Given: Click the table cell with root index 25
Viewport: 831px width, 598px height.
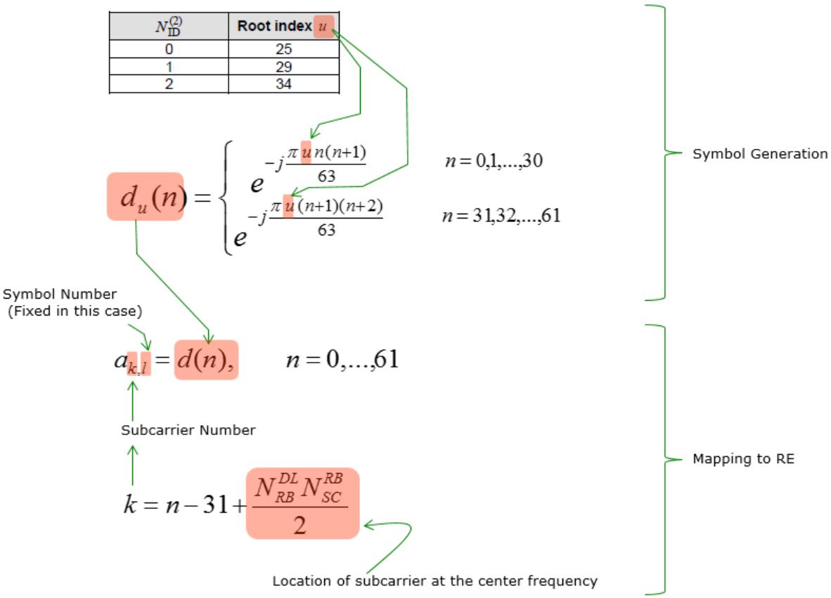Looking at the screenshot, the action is [x=283, y=48].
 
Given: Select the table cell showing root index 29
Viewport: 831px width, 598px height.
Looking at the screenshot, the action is [x=283, y=67].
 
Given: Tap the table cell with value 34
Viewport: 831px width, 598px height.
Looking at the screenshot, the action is [x=283, y=84].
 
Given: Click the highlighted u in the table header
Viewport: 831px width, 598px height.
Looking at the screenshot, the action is [x=323, y=26].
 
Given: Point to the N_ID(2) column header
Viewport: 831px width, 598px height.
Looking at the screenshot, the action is [x=169, y=26].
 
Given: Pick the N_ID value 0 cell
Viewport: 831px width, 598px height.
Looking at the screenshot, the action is [x=169, y=48].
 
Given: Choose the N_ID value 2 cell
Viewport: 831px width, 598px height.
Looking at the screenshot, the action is [x=169, y=84].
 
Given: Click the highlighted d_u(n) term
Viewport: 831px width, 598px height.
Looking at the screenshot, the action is [x=146, y=197].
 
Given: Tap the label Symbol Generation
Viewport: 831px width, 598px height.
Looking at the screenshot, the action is [x=759, y=154].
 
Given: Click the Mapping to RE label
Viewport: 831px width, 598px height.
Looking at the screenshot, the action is [x=744, y=459].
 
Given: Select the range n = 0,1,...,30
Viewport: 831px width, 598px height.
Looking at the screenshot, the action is [x=494, y=160].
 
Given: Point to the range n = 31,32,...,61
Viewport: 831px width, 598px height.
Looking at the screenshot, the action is [x=501, y=216].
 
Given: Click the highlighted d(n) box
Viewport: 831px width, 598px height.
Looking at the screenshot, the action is [x=206, y=360].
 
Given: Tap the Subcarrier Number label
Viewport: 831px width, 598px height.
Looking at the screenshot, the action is [x=188, y=430].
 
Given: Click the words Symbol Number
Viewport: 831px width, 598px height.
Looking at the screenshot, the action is [x=60, y=294].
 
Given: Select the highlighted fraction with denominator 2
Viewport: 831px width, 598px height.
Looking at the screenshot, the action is [x=302, y=503].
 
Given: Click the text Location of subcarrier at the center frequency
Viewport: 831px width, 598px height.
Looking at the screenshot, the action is [x=434, y=581].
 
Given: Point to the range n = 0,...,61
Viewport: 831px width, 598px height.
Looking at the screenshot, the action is [x=342, y=360].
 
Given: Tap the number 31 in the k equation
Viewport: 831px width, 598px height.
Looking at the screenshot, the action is [x=216, y=505].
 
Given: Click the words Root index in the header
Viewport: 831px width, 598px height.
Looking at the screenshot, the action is [x=274, y=26].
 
